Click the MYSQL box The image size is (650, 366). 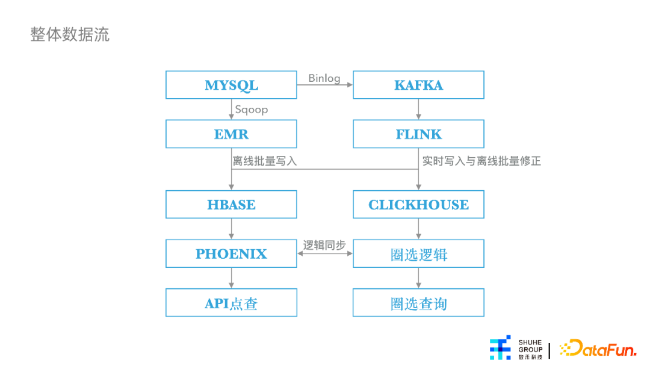pyautogui.click(x=231, y=85)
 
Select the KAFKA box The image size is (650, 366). pyautogui.click(x=418, y=85)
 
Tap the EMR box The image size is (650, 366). pyautogui.click(x=231, y=134)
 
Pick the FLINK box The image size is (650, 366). pyautogui.click(x=418, y=134)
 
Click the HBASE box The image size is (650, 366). pyautogui.click(x=231, y=204)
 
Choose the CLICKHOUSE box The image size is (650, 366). pyautogui.click(x=418, y=204)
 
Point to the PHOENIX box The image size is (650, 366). pyautogui.click(x=231, y=253)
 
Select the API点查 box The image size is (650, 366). pyautogui.click(x=231, y=303)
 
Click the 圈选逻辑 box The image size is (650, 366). pyautogui.click(x=418, y=253)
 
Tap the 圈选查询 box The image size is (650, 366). pyautogui.click(x=418, y=303)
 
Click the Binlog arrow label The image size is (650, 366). pyautogui.click(x=324, y=78)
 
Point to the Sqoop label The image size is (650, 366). pyautogui.click(x=252, y=110)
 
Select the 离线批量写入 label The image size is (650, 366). pyautogui.click(x=265, y=161)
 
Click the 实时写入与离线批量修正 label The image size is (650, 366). pyautogui.click(x=481, y=161)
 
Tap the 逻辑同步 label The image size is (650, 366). pyautogui.click(x=324, y=245)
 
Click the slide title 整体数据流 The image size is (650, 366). pyautogui.click(x=70, y=34)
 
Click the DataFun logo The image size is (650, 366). pyautogui.click(x=598, y=348)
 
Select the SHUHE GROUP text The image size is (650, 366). pyautogui.click(x=530, y=346)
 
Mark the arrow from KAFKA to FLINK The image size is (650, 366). pyautogui.click(x=418, y=110)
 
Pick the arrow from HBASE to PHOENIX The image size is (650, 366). pyautogui.click(x=231, y=229)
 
